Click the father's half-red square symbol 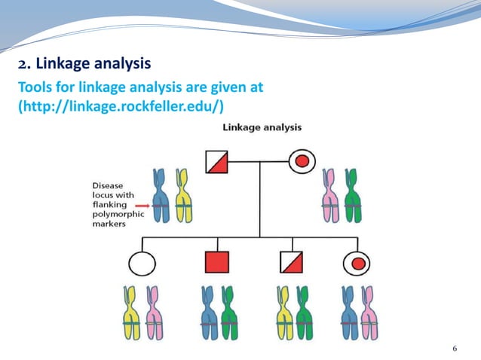coord(219,160)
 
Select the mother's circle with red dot coord(302,160)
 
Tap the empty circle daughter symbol coord(142,263)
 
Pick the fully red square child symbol coord(216,263)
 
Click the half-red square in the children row coord(290,263)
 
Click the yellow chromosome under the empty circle coord(132,313)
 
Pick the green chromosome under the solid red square coord(228,313)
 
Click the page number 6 coord(455,348)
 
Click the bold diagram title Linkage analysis coord(262,127)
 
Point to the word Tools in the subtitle coord(34,87)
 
